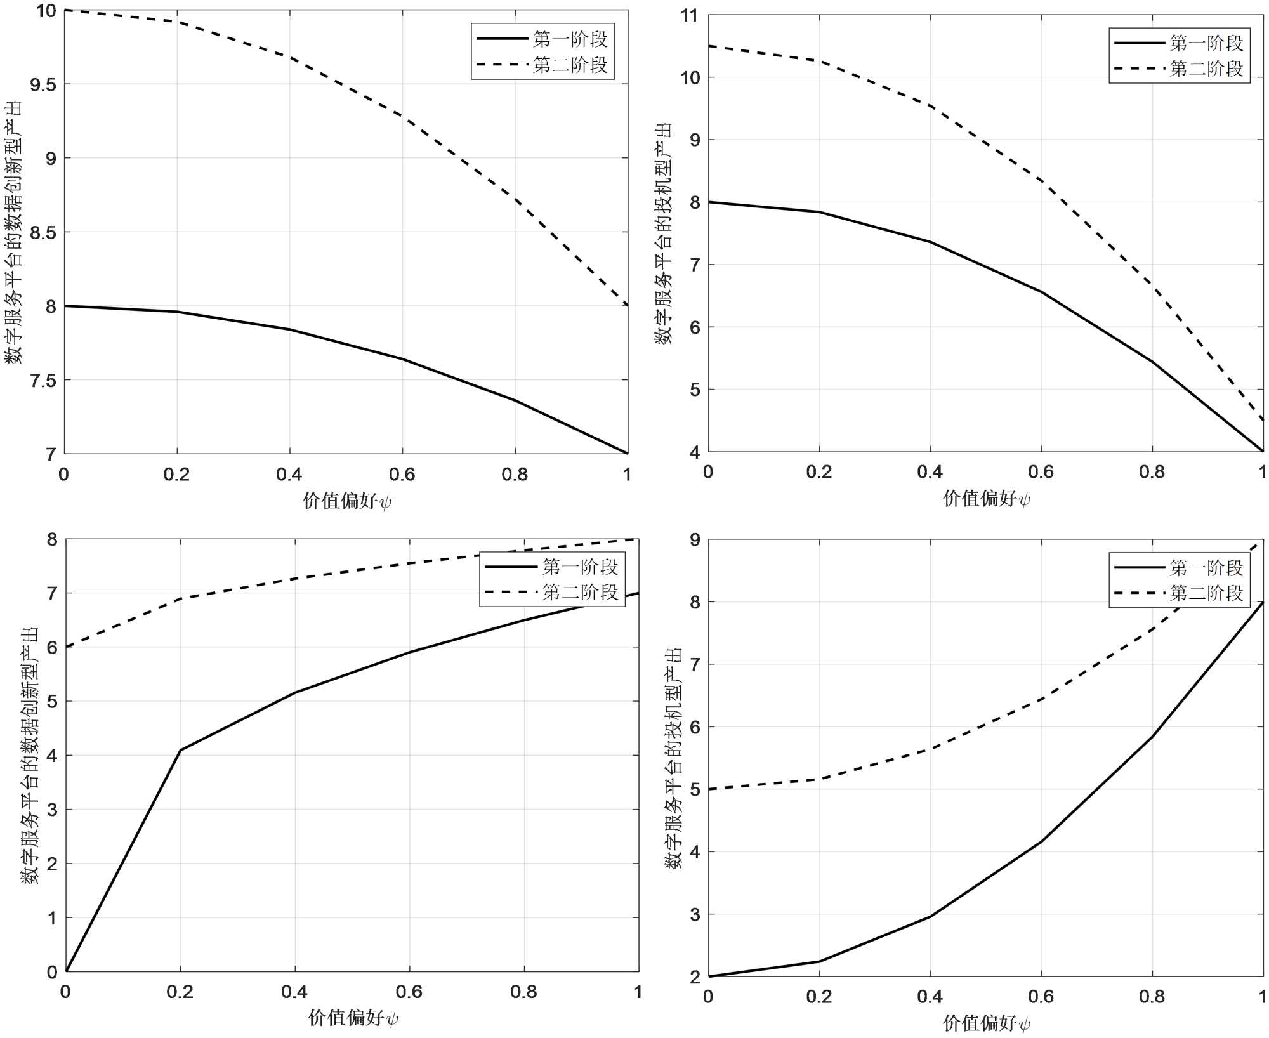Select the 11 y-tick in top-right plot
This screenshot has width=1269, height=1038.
689,16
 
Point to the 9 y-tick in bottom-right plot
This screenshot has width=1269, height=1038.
694,540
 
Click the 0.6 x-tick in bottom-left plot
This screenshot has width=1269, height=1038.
409,992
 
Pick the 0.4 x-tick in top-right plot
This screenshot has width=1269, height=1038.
930,472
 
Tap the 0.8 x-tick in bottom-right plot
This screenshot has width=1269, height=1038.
1152,997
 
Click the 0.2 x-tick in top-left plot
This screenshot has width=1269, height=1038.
176,475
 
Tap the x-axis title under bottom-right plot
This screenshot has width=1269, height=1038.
986,1023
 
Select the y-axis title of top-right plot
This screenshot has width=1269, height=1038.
664,233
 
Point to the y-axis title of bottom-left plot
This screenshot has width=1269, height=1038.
29,755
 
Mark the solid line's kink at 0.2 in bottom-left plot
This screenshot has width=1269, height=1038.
180,750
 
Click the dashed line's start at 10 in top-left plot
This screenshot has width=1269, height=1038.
65,10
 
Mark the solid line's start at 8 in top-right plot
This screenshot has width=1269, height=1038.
709,202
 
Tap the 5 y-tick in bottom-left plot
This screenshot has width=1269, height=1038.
51,701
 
